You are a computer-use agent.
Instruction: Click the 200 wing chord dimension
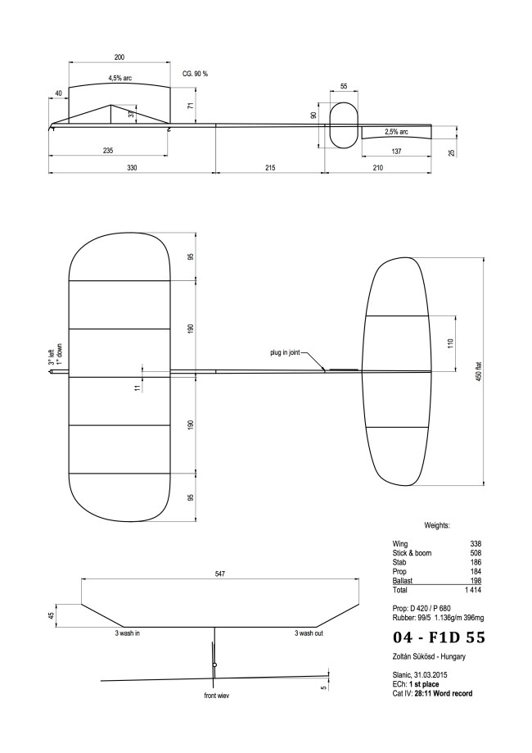(x=119, y=57)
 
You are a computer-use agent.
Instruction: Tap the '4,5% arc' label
(x=120, y=79)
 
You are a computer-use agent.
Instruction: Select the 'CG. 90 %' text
(x=195, y=74)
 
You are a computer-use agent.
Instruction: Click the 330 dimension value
(x=132, y=167)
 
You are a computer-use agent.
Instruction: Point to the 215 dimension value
(x=269, y=167)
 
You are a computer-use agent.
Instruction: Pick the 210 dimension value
(x=400, y=167)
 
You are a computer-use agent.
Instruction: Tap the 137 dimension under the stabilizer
(x=396, y=151)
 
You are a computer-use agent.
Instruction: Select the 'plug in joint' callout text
(x=285, y=353)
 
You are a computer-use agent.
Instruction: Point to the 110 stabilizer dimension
(x=449, y=344)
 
